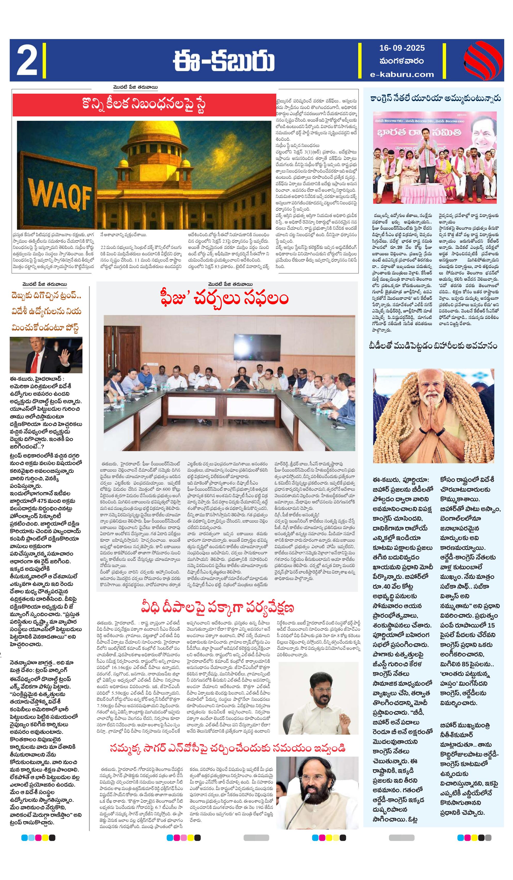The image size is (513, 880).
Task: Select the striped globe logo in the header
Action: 483,60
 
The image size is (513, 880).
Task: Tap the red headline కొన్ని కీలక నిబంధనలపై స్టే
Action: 144,105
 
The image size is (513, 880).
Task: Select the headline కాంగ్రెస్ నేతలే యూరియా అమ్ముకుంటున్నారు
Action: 435,99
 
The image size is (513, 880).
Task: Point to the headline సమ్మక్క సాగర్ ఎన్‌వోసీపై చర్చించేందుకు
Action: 227,748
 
